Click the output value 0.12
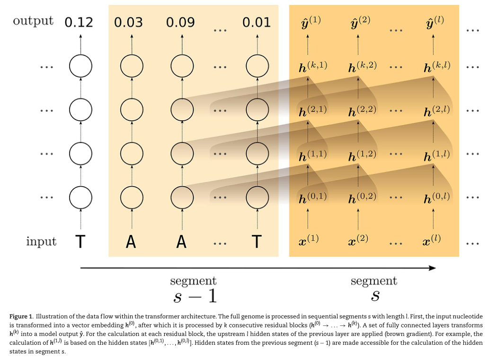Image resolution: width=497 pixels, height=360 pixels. pyautogui.click(x=80, y=22)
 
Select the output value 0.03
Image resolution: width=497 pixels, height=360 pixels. pyautogui.click(x=128, y=22)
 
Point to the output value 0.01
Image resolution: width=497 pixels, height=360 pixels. pyautogui.click(x=256, y=22)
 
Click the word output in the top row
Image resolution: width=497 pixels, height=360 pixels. pyautogui.click(x=33, y=21)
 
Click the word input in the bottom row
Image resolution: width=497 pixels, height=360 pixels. pyautogui.click(x=41, y=242)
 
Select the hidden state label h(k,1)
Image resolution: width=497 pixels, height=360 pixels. pyautogui.click(x=313, y=67)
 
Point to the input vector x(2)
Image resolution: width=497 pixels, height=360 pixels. pyautogui.click(x=358, y=240)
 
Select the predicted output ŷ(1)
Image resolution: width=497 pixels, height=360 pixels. pyautogui.click(x=311, y=23)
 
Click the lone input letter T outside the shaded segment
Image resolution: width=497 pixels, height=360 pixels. pyautogui.click(x=80, y=242)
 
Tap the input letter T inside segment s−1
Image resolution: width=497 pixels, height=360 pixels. pyautogui.click(x=256, y=242)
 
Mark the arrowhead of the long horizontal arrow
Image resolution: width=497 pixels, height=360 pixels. pyautogui.click(x=432, y=268)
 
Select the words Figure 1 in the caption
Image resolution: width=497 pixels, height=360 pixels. pyautogui.click(x=21, y=316)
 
